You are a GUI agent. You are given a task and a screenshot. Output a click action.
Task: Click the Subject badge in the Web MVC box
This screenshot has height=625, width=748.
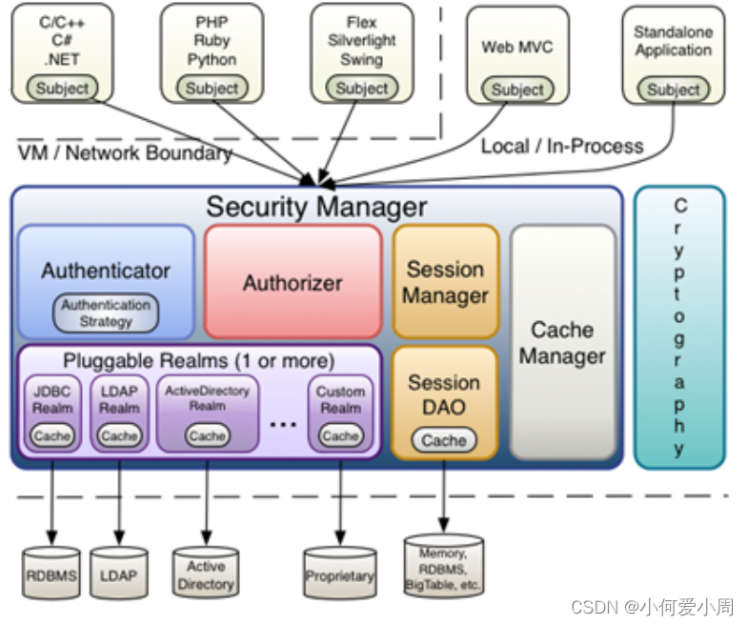point(517,90)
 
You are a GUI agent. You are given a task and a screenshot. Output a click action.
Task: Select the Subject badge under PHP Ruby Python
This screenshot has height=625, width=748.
point(212,89)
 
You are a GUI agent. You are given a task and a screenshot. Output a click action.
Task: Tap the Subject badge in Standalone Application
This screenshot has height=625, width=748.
point(673,90)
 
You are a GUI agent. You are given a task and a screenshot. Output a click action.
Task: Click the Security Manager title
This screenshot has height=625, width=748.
point(316,207)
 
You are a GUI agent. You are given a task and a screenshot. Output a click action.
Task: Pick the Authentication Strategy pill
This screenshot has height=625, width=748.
point(106,313)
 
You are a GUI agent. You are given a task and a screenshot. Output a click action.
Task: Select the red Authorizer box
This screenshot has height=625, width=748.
point(293,282)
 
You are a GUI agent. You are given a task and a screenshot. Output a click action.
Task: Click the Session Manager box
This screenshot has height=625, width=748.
point(445,282)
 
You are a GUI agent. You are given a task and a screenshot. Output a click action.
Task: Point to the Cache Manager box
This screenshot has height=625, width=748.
point(562,343)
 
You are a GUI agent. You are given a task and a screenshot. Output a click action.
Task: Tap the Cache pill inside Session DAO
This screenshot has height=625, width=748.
point(444,440)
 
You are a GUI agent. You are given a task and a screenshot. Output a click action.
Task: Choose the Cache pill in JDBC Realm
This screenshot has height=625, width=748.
point(52,435)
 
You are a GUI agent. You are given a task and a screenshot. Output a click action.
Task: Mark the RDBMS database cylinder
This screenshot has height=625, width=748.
point(51,575)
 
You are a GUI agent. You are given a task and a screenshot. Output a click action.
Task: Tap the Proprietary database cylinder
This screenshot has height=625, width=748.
point(339,575)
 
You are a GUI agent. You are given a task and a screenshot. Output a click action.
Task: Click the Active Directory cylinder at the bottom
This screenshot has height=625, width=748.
point(205,574)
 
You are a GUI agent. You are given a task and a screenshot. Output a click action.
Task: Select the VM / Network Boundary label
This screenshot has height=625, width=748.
point(124,153)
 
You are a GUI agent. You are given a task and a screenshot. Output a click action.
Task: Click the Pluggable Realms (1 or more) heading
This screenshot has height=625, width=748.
point(199,361)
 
